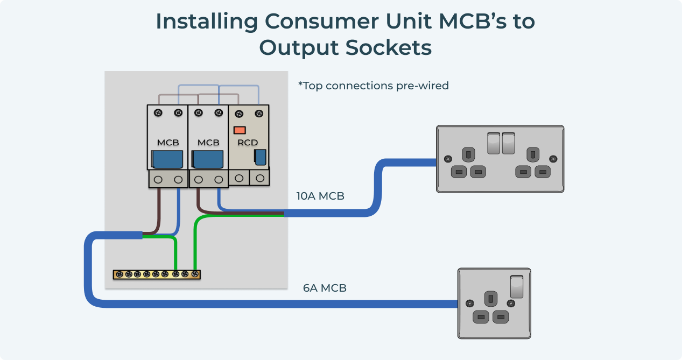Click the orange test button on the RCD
[x=240, y=130]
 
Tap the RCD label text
[x=248, y=143]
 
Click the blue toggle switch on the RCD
[x=260, y=157]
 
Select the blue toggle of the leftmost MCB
[x=168, y=160]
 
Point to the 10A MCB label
[x=320, y=196]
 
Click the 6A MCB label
[x=325, y=288]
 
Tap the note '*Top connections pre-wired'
[x=373, y=86]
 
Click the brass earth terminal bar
[x=157, y=274]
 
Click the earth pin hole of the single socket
[x=490, y=298]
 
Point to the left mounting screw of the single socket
[x=470, y=304]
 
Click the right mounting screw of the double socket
[x=553, y=159]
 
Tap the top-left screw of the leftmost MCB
[x=158, y=112]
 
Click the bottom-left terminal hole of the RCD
[x=240, y=177]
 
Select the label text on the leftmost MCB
[x=168, y=143]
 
